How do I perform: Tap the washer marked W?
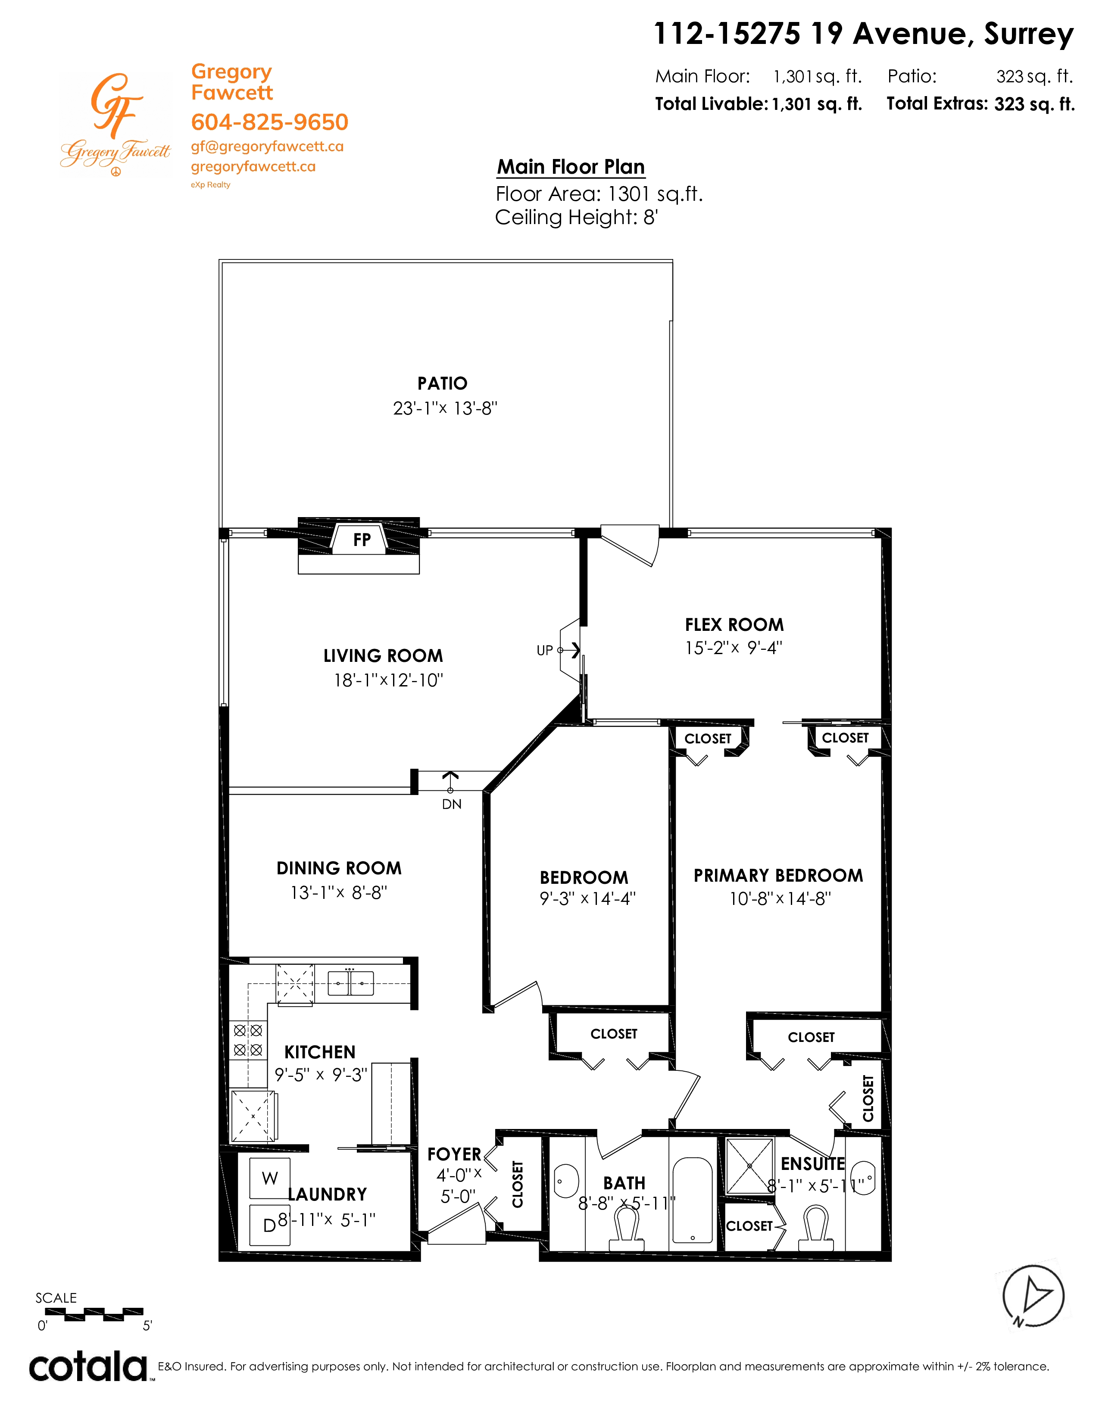coord(269,1177)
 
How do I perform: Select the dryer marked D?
coord(269,1226)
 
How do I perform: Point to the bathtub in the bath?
coord(693,1201)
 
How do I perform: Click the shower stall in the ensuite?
coord(749,1166)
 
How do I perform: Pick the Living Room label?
coord(383,656)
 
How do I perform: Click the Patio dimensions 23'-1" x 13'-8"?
coord(445,408)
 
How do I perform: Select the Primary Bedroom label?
coord(778,876)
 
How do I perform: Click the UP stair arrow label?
coord(544,650)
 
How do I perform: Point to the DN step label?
coord(452,804)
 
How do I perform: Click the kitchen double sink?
coord(350,982)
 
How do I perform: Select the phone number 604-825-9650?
coord(269,122)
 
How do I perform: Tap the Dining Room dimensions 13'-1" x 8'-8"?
coord(339,893)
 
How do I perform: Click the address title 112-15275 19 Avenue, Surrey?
coord(863,34)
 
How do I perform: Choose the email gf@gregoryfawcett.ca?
coord(267,147)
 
